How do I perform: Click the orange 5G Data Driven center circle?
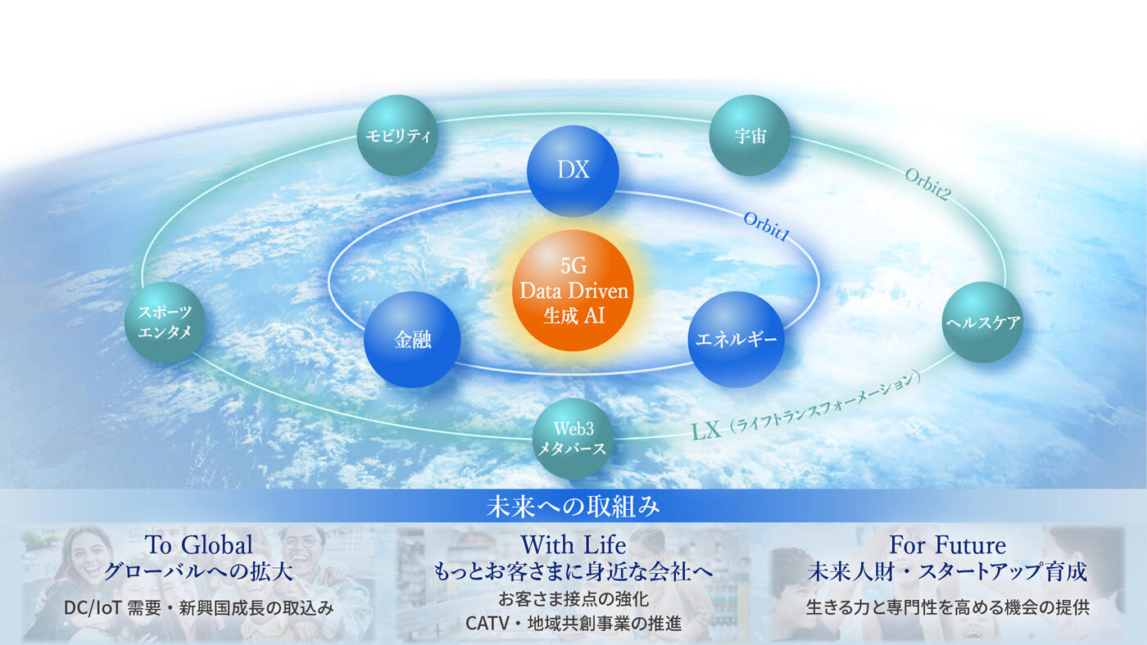pyautogui.click(x=573, y=291)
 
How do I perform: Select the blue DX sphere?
pyautogui.click(x=573, y=170)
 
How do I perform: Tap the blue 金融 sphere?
pyautogui.click(x=412, y=340)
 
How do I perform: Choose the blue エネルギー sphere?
pyautogui.click(x=736, y=340)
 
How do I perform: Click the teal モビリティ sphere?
pyautogui.click(x=397, y=135)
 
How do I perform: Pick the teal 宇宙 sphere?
pyautogui.click(x=750, y=135)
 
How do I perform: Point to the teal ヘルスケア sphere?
pyautogui.click(x=982, y=322)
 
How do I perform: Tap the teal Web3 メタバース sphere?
pyautogui.click(x=573, y=439)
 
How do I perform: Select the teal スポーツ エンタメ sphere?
pyautogui.click(x=165, y=322)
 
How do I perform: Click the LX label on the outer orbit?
pyautogui.click(x=707, y=430)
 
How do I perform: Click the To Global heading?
pyautogui.click(x=198, y=544)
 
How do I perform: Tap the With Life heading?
pyautogui.click(x=573, y=544)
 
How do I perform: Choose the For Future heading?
pyautogui.click(x=947, y=544)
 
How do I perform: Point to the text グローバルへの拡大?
pyautogui.click(x=198, y=571)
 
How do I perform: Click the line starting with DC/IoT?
pyautogui.click(x=198, y=608)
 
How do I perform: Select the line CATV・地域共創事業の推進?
pyautogui.click(x=573, y=624)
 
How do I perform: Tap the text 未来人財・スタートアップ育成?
pyautogui.click(x=947, y=571)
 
